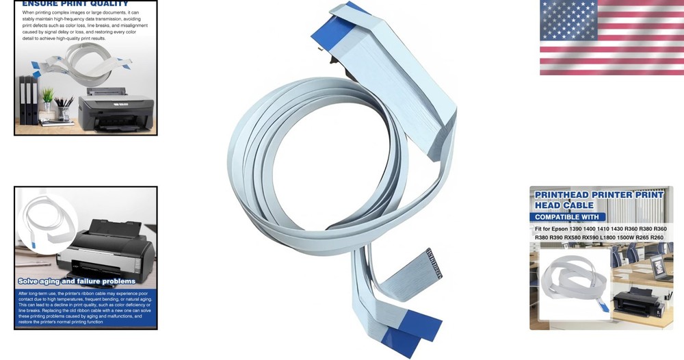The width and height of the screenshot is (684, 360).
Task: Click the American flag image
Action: tap(611, 37)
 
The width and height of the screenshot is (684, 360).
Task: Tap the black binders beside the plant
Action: tap(29, 99)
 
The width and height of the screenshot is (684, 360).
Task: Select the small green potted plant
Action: tap(47, 99)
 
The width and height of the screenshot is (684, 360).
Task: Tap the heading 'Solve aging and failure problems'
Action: tap(77, 281)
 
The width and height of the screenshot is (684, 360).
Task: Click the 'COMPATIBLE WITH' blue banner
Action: tap(567, 217)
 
